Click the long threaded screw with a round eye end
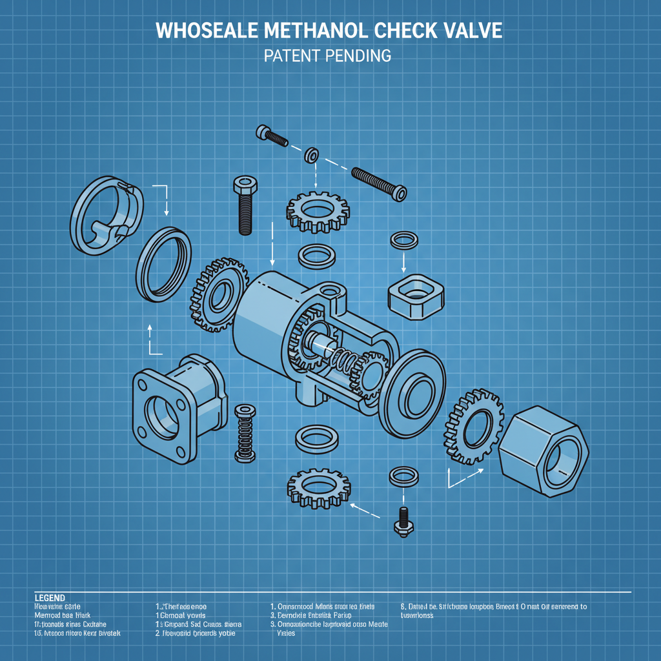379,182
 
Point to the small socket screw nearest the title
272,135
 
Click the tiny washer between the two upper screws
313,155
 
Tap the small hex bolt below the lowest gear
403,520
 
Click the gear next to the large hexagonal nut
473,427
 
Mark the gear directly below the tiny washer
318,210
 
